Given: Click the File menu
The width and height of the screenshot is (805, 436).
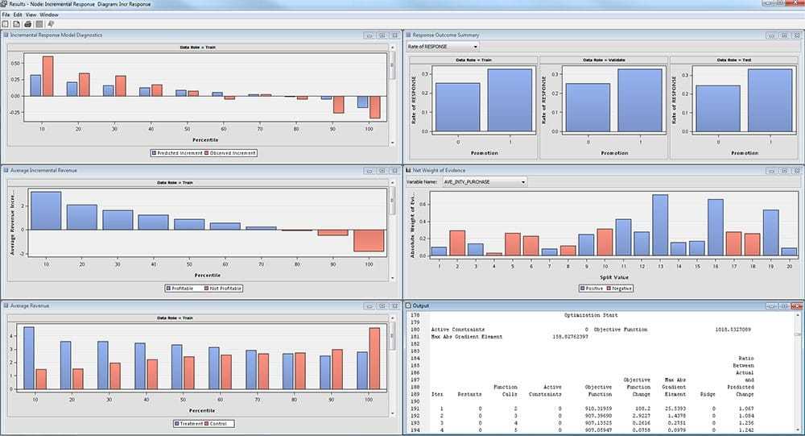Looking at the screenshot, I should pyautogui.click(x=6, y=15).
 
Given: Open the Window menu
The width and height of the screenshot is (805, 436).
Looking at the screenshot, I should pyautogui.click(x=48, y=15).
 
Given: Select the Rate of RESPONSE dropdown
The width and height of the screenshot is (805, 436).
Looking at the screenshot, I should pyautogui.click(x=442, y=47).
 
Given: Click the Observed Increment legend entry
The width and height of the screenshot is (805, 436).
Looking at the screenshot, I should pyautogui.click(x=231, y=152).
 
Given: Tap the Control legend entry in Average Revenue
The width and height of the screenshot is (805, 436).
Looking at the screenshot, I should pyautogui.click(x=218, y=423).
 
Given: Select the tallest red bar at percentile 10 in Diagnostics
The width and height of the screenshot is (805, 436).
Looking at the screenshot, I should pyautogui.click(x=47, y=76).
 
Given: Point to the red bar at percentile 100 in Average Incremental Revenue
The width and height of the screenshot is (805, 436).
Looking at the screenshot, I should pyautogui.click(x=369, y=240).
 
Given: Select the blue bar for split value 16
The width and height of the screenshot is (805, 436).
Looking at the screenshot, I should pyautogui.click(x=716, y=227).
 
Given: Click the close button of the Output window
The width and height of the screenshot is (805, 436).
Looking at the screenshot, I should pyautogui.click(x=796, y=306).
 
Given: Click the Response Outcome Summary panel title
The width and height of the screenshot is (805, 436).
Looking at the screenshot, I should pyautogui.click(x=446, y=35).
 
